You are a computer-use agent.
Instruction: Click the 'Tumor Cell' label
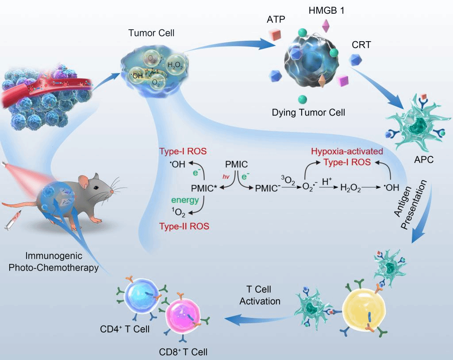[x=146, y=33]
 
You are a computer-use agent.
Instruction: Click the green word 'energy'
[x=186, y=200]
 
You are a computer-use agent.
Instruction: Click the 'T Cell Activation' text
[x=260, y=295]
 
